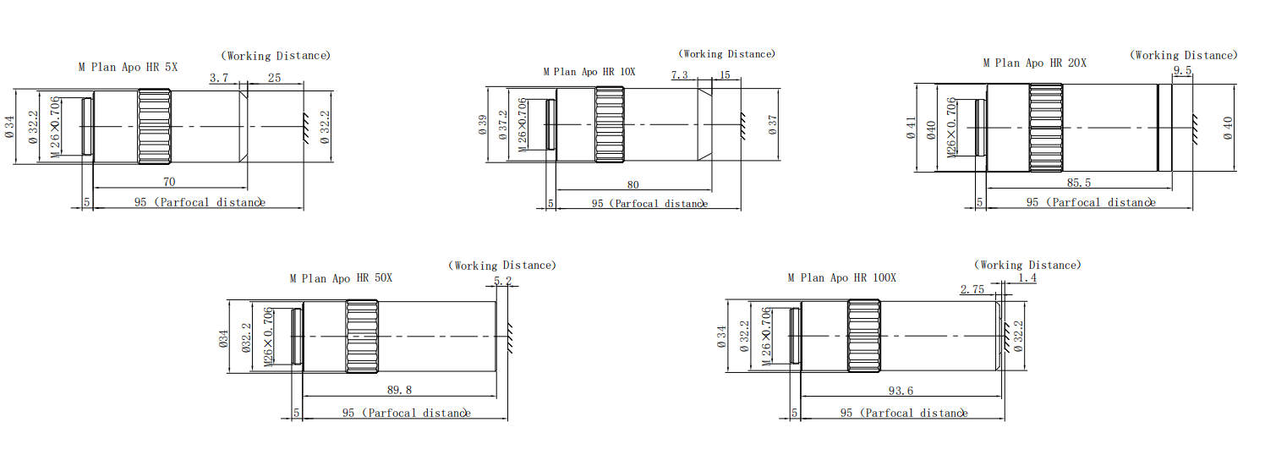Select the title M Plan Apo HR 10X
click(589, 72)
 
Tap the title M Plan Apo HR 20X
click(1034, 63)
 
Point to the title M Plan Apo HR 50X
click(341, 277)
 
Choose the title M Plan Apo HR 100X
click(841, 277)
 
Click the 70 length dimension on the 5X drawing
click(169, 181)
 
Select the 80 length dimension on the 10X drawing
click(633, 184)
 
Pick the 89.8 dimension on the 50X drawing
click(400, 391)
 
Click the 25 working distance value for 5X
click(274, 78)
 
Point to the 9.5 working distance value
click(1182, 71)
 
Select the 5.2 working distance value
click(502, 281)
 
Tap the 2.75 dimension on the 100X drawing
click(972, 289)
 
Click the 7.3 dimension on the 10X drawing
click(679, 75)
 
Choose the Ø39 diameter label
click(483, 124)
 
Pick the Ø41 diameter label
click(911, 128)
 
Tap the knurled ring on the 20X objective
click(1046, 128)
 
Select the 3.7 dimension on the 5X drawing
click(219, 78)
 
